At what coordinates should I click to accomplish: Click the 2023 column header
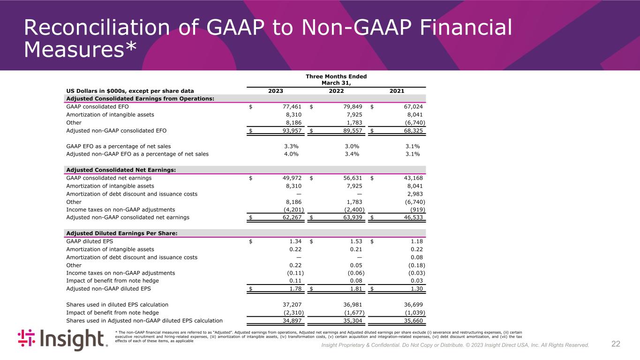tap(276, 91)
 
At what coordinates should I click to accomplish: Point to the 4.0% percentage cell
tap(291, 154)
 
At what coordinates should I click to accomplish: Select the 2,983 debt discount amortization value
tap(416, 194)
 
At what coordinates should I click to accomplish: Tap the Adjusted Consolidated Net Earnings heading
tap(121, 170)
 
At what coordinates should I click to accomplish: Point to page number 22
tap(616, 344)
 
